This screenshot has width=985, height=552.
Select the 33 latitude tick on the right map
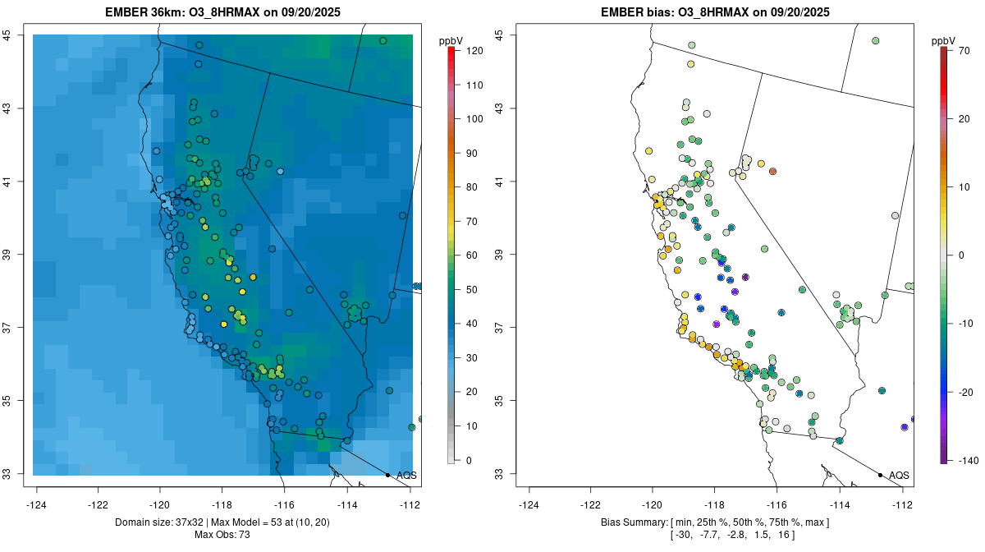point(498,474)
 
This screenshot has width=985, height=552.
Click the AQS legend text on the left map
point(406,476)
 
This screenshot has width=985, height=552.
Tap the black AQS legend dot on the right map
point(880,475)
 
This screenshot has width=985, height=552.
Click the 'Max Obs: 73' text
point(223,535)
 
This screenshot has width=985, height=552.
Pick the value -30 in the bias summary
point(681,535)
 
